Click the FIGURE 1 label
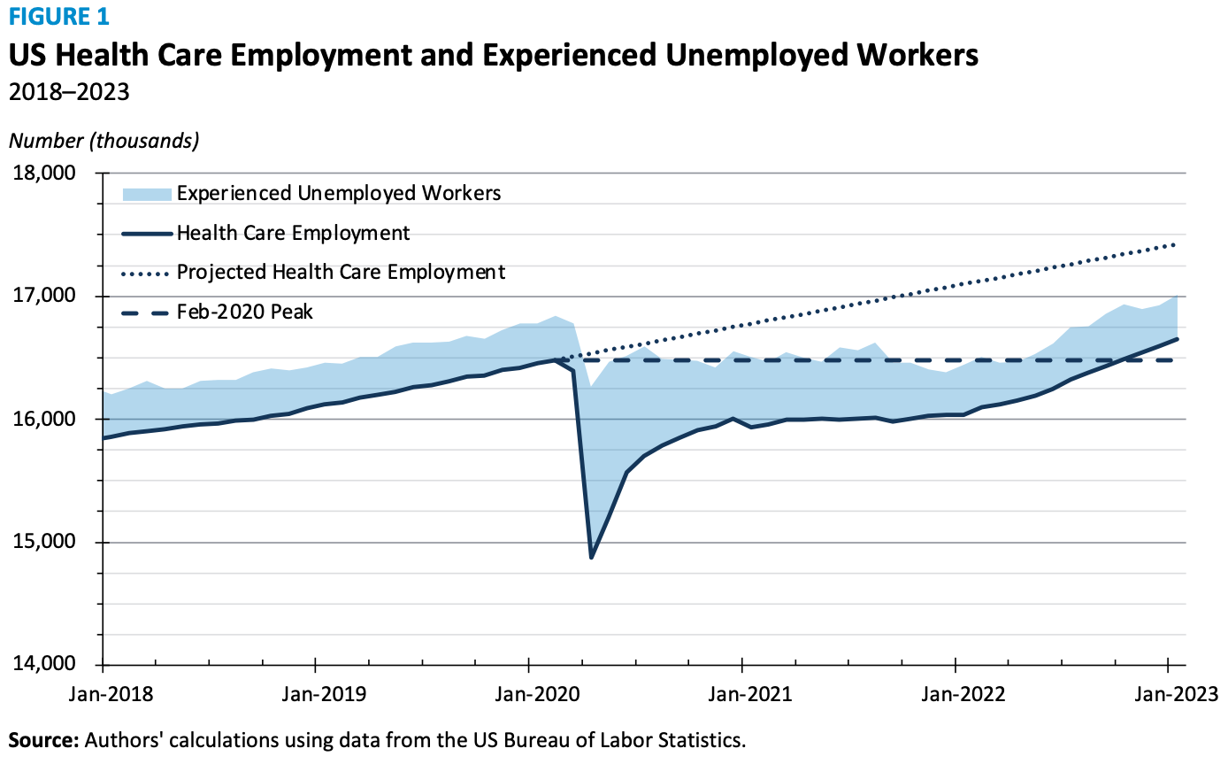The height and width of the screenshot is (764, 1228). (x=59, y=16)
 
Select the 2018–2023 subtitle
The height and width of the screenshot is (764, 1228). (x=69, y=91)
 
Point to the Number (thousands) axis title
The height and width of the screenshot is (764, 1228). (x=104, y=140)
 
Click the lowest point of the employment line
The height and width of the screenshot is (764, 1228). (x=591, y=558)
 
